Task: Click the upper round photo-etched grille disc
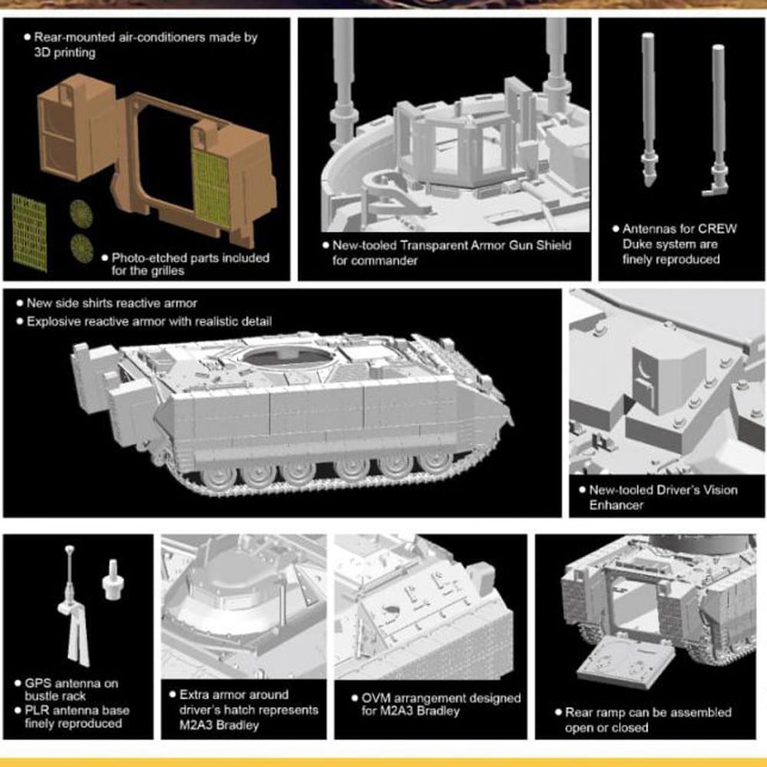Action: click(x=81, y=214)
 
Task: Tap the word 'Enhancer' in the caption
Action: click(x=616, y=505)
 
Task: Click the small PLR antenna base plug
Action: click(x=112, y=581)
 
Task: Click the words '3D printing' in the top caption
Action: click(x=64, y=52)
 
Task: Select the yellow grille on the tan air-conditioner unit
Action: click(x=211, y=189)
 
